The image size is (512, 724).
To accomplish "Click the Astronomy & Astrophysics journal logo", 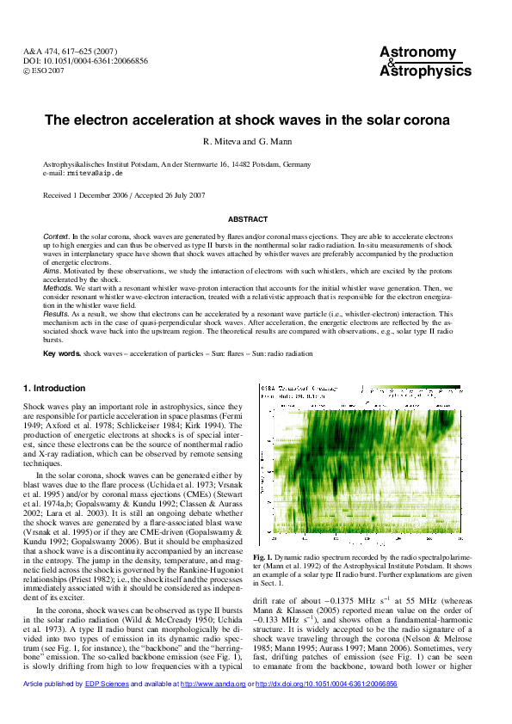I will point(425,62).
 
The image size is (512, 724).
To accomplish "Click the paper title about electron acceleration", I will point(255,121).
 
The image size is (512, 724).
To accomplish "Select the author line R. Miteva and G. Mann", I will point(255,141).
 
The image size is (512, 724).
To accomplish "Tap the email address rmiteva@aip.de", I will point(89,173).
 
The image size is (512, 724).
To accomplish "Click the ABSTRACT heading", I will point(255,219).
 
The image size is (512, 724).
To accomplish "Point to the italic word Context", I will point(56,236).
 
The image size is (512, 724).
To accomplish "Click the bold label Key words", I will point(62,353).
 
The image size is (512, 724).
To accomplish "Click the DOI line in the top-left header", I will point(85,62).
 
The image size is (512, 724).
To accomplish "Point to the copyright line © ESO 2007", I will point(44,71).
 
